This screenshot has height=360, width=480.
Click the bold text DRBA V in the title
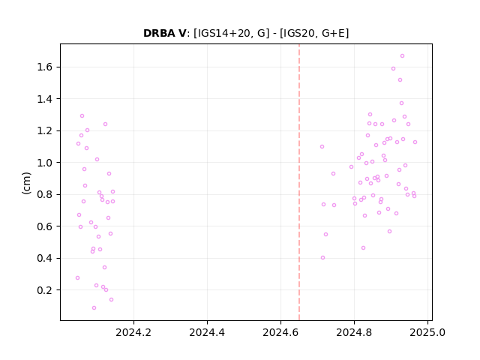[x=164, y=33]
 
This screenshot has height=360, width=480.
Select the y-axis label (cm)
[x=26, y=183]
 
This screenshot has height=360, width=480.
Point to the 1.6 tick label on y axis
[x=46, y=67]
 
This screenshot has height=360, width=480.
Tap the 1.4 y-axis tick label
[x=46, y=99]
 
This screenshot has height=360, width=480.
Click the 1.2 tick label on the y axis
[x=46, y=130]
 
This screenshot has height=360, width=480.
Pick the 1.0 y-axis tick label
[x=46, y=163]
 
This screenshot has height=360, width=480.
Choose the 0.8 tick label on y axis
[x=46, y=194]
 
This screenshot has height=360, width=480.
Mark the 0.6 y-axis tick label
[x=46, y=226]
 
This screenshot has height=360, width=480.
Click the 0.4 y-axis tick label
[x=46, y=258]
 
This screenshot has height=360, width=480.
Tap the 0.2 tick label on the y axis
[x=46, y=290]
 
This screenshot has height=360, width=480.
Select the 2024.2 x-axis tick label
[x=133, y=332]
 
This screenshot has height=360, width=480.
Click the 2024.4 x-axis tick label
[x=207, y=332]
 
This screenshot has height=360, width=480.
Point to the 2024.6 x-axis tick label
[x=280, y=332]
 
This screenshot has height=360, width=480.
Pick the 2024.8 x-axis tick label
[x=354, y=332]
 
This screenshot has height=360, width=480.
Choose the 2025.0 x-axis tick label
[x=427, y=332]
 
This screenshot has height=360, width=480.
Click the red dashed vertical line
[x=299, y=182]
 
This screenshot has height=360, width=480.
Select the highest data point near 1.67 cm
[x=402, y=55]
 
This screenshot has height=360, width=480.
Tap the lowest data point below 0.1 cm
[x=94, y=307]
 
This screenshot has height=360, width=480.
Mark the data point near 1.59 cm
[x=393, y=68]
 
